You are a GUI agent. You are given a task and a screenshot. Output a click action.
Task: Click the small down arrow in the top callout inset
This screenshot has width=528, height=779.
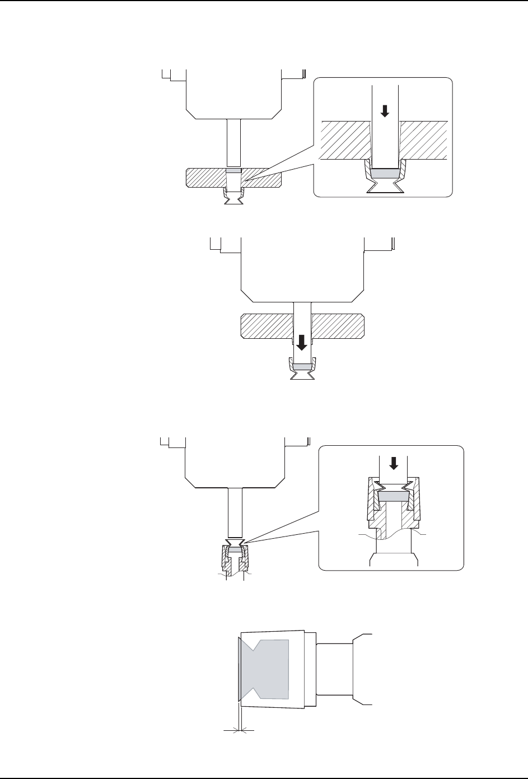point(384,111)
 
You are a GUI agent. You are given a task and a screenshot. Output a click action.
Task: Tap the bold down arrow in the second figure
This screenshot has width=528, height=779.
point(302,343)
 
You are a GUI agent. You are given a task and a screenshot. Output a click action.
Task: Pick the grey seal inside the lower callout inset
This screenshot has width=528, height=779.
point(394,496)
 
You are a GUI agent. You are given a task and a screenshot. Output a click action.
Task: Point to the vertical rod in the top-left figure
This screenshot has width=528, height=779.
point(233,142)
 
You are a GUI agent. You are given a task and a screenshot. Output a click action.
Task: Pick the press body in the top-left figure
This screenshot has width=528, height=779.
point(233,92)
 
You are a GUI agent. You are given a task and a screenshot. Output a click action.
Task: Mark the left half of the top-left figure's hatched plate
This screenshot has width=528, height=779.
point(205,178)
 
